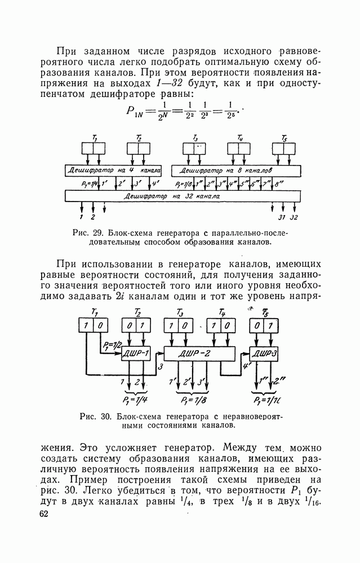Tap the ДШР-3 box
[263, 354]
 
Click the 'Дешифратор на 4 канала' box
[113, 169]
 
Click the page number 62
[45, 515]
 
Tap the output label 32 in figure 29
[294, 217]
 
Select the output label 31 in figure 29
[282, 217]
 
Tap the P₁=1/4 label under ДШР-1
[134, 401]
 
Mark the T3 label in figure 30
[180, 313]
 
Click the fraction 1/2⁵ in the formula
[230, 110]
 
